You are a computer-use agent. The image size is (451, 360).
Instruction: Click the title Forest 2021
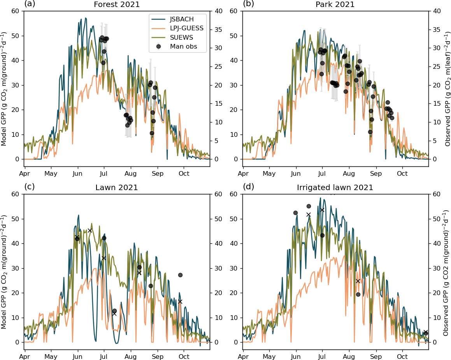tap(117, 5)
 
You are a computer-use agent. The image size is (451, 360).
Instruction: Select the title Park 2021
tap(335, 5)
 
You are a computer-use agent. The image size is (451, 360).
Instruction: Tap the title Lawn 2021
tap(117, 188)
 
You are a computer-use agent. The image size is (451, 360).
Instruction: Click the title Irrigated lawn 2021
tap(335, 188)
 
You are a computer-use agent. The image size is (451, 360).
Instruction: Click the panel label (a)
tap(30, 4)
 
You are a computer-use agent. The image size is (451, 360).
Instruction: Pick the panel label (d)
tap(248, 187)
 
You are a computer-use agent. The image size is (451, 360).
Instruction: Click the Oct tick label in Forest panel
tap(184, 173)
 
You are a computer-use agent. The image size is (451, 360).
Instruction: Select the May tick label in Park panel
tap(269, 173)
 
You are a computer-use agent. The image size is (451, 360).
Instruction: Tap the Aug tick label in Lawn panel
tap(130, 356)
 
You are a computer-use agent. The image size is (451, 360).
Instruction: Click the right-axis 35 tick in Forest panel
tap(217, 29)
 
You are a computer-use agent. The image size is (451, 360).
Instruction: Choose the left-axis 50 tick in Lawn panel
tap(16, 219)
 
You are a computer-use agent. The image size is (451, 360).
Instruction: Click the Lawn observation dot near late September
tap(180, 275)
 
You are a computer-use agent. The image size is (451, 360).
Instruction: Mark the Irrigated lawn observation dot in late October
tap(426, 333)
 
